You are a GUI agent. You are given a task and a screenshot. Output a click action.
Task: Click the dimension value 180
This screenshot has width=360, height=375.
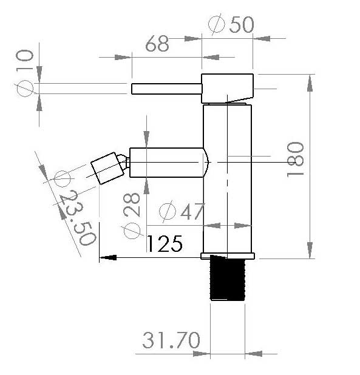[x=295, y=159]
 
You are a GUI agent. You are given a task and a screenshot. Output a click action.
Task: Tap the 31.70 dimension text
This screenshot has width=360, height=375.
[x=171, y=340]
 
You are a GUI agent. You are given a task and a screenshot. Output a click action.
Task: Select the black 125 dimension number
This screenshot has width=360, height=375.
[x=165, y=243]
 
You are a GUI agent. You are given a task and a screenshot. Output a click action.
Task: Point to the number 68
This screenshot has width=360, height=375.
[x=157, y=44]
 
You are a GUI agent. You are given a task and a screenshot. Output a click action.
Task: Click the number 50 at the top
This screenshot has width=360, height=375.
[x=242, y=24]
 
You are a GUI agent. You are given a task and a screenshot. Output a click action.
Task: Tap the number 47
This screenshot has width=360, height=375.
[x=192, y=211]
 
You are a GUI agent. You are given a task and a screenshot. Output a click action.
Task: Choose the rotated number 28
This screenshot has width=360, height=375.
[x=132, y=204]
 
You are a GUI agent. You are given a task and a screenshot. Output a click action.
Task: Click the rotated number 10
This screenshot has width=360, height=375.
[x=25, y=59]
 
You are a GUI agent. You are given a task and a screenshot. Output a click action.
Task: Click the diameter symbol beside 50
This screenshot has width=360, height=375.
[x=217, y=24]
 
